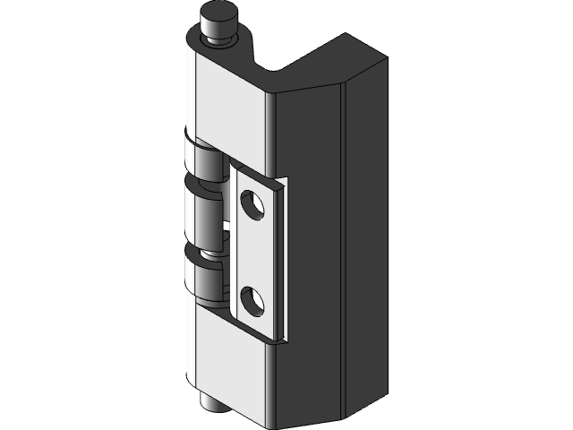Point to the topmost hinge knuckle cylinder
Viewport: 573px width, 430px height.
coord(204,162)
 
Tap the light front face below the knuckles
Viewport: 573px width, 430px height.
coord(228,367)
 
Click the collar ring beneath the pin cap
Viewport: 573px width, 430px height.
coord(218,37)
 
